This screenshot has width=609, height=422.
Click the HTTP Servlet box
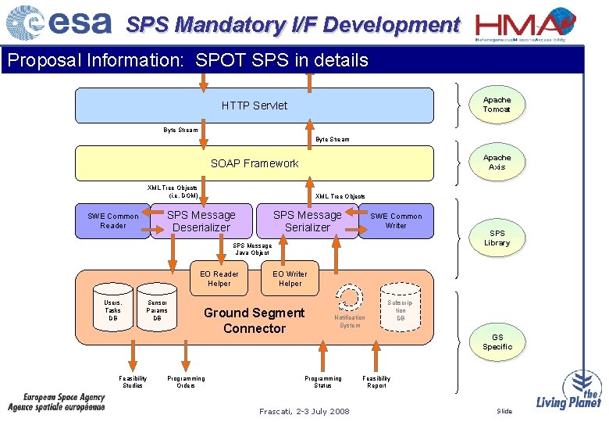[254, 105]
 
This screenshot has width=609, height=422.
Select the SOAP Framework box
[254, 163]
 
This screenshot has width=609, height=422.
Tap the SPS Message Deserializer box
[201, 221]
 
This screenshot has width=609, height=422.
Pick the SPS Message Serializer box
[307, 221]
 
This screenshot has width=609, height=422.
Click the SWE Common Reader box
[112, 221]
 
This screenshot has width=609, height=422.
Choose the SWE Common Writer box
[396, 220]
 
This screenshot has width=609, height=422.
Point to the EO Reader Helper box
[219, 279]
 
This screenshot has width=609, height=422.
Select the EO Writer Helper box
[290, 279]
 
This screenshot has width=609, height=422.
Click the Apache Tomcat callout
[497, 105]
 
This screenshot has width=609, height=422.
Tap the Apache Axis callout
[497, 163]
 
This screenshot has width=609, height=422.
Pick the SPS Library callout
[497, 238]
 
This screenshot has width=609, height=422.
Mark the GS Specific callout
[497, 342]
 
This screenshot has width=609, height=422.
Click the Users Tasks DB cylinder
[113, 309]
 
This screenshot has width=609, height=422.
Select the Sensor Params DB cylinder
[157, 309]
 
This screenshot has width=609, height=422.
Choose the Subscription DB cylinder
[401, 309]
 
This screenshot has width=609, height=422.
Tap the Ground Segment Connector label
[254, 320]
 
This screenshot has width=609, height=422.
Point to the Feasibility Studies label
[133, 381]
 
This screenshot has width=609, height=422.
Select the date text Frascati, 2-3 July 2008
[304, 411]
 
